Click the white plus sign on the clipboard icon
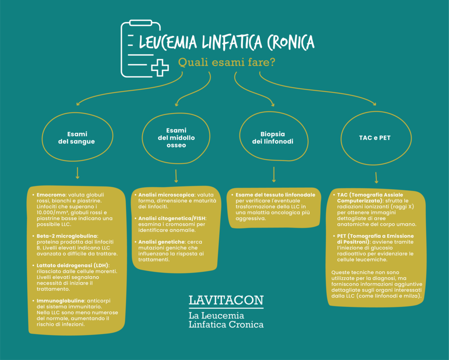(160, 68)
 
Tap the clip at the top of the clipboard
(141, 23)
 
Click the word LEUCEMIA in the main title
(168, 42)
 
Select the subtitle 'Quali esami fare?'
(227, 62)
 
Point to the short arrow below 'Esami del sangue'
(77, 173)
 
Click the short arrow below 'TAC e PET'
(376, 178)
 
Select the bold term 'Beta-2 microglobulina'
(67, 236)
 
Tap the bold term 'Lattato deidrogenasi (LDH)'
(73, 265)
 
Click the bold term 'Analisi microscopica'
(166, 195)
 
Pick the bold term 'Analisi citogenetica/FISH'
(172, 218)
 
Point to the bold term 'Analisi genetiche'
(161, 242)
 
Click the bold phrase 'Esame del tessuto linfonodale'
(275, 195)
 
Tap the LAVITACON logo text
(226, 300)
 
